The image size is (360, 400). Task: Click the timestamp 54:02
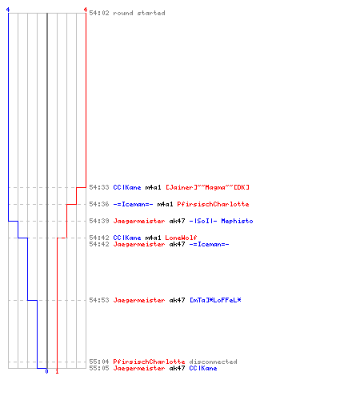point(99,13)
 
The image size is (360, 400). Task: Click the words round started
point(139,13)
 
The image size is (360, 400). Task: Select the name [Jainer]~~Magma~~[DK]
point(208,187)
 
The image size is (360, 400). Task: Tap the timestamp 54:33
point(99,187)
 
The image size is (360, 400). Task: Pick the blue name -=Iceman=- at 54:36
point(134,204)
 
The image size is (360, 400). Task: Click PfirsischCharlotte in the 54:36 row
point(213,204)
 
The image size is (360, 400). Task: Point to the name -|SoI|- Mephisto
point(222,221)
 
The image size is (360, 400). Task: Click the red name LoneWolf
point(181,238)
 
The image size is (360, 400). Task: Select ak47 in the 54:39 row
point(177,221)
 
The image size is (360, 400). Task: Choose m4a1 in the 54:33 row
point(153,187)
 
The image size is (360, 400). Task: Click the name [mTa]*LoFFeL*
point(215,300)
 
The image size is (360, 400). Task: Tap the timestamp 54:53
point(99,300)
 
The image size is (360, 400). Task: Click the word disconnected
point(213,362)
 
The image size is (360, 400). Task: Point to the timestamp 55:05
point(99,368)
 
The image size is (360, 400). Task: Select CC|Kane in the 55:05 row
point(203,368)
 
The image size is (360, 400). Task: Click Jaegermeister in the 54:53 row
point(139,300)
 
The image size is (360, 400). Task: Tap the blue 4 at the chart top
point(8,10)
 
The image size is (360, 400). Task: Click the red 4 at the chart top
point(86,10)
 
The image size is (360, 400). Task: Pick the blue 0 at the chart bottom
point(47,371)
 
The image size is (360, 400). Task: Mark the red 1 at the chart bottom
point(57,371)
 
